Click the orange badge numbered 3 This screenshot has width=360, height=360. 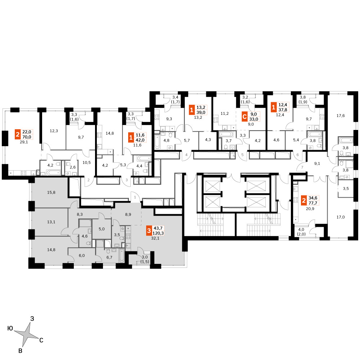[149, 231]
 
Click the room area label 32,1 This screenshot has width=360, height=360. [155, 238]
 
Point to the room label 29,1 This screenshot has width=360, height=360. [24, 142]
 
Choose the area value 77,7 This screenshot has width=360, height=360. [313, 203]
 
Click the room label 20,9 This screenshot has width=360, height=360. [310, 209]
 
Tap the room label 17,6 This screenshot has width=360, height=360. [341, 116]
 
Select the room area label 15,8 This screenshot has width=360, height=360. [51, 192]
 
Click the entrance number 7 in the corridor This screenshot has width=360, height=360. [302, 167]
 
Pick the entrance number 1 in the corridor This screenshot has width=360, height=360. [135, 197]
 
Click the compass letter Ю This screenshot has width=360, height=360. [10, 329]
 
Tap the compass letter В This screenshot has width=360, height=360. [20, 351]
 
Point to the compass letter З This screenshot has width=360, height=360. [32, 319]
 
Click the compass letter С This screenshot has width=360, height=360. [41, 340]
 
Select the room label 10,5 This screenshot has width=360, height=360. [86, 163]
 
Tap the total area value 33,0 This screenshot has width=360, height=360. [254, 119]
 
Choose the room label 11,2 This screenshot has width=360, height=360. [225, 113]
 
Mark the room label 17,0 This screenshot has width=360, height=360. [341, 217]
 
